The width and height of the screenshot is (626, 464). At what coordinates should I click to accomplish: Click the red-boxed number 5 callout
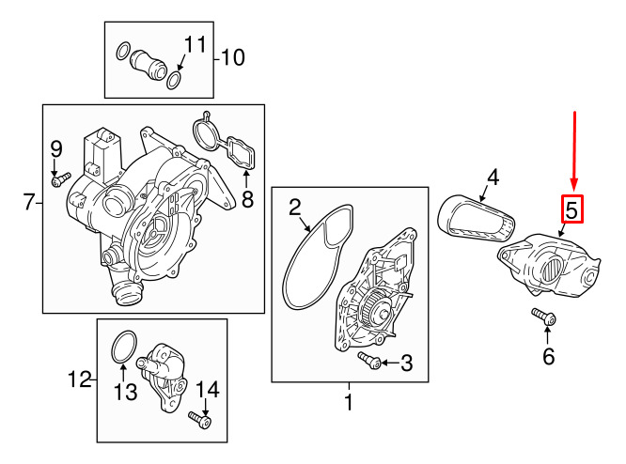[572, 209]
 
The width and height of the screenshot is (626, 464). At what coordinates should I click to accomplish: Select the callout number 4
[493, 178]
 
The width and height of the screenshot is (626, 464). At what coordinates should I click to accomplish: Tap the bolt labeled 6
[544, 317]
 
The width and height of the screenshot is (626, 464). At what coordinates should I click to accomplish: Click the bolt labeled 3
[368, 360]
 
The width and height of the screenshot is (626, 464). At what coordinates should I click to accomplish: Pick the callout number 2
[294, 208]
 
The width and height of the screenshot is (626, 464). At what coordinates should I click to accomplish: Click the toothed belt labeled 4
[476, 218]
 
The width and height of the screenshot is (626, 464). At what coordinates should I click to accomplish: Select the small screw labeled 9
[61, 179]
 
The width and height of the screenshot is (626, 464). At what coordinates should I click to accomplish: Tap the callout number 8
[247, 199]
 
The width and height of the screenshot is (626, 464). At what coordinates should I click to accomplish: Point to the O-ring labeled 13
[124, 347]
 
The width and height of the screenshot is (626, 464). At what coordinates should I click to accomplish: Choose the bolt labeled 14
[199, 420]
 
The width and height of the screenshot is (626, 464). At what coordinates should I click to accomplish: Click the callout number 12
[80, 379]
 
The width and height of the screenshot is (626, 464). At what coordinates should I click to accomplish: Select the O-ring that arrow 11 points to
[175, 80]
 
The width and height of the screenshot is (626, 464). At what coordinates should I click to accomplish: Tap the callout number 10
[233, 58]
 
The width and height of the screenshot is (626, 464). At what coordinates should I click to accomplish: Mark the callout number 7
[29, 202]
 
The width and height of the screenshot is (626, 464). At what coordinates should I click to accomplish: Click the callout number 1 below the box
[349, 402]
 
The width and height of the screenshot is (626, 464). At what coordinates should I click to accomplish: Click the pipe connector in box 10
[148, 65]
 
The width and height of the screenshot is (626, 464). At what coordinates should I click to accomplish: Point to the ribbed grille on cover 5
[552, 271]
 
